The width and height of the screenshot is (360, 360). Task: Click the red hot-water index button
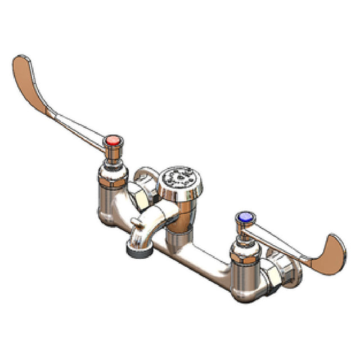tap(114, 139)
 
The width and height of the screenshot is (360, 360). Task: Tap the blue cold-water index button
tap(244, 217)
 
